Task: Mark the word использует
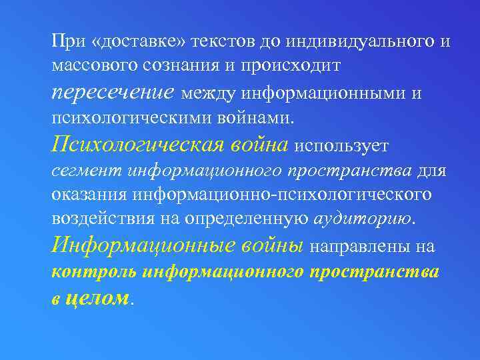(340, 145)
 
